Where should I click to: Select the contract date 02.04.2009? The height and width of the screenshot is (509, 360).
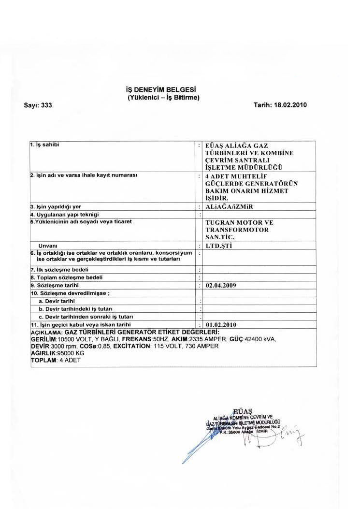pyautogui.click(x=221, y=286)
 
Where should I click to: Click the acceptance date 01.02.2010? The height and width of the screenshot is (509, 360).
pyautogui.click(x=221, y=324)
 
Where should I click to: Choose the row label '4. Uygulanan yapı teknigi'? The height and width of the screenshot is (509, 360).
pyautogui.click(x=65, y=214)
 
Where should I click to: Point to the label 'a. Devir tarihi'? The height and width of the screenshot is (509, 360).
pyautogui.click(x=57, y=301)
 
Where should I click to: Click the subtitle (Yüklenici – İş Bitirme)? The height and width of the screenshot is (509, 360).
pyautogui.click(x=160, y=97)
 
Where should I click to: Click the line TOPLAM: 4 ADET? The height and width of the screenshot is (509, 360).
pyautogui.click(x=53, y=361)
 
